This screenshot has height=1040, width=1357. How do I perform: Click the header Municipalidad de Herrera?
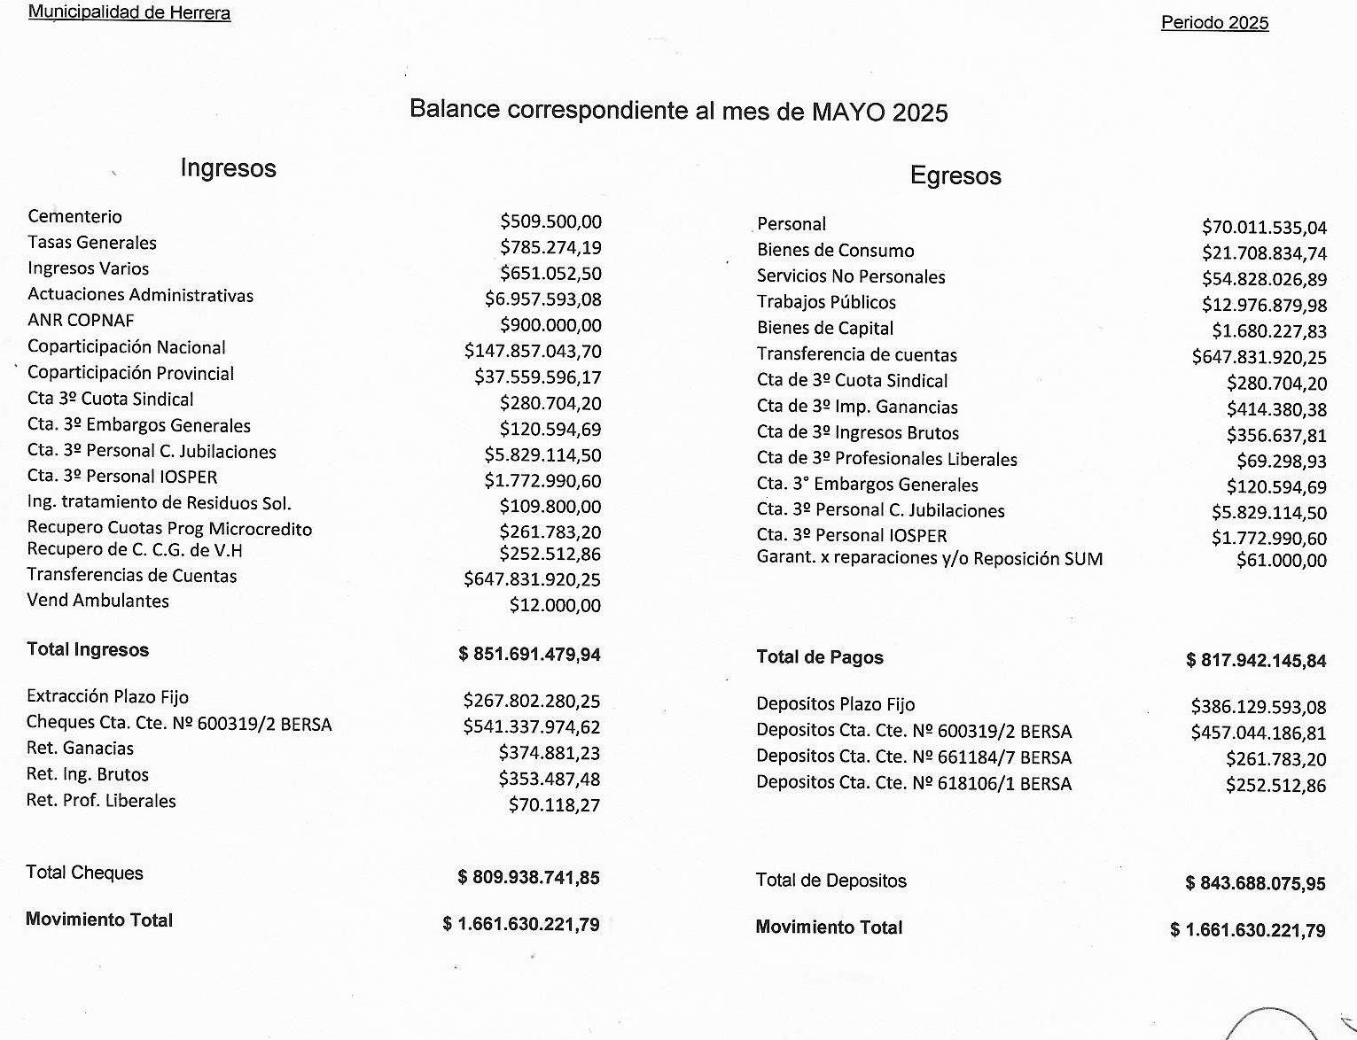(129, 13)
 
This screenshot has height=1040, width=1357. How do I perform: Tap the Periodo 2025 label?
(1214, 23)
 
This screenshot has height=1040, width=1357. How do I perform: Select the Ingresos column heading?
(228, 168)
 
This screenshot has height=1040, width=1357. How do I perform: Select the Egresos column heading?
(955, 175)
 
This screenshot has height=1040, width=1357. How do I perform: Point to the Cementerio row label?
(74, 216)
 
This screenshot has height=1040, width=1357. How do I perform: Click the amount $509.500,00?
(550, 221)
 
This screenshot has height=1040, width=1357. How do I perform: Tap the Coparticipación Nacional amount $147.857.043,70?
(533, 352)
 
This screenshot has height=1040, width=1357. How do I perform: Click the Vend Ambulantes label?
(97, 601)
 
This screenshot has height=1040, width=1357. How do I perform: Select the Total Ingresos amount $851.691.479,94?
(529, 655)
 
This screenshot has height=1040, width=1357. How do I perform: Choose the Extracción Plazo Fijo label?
(107, 696)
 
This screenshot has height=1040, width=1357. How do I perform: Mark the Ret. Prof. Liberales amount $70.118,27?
(554, 805)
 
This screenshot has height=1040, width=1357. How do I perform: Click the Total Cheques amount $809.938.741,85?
(528, 878)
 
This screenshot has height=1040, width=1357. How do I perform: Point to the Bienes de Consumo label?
(835, 251)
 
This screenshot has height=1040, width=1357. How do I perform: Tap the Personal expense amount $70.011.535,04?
(1264, 228)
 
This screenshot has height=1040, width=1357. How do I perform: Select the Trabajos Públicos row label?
(826, 302)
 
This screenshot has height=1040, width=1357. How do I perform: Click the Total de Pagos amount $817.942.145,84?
(1256, 661)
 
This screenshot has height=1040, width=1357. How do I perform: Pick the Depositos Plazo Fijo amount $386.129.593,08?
(1259, 707)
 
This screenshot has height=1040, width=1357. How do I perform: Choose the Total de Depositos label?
(831, 881)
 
